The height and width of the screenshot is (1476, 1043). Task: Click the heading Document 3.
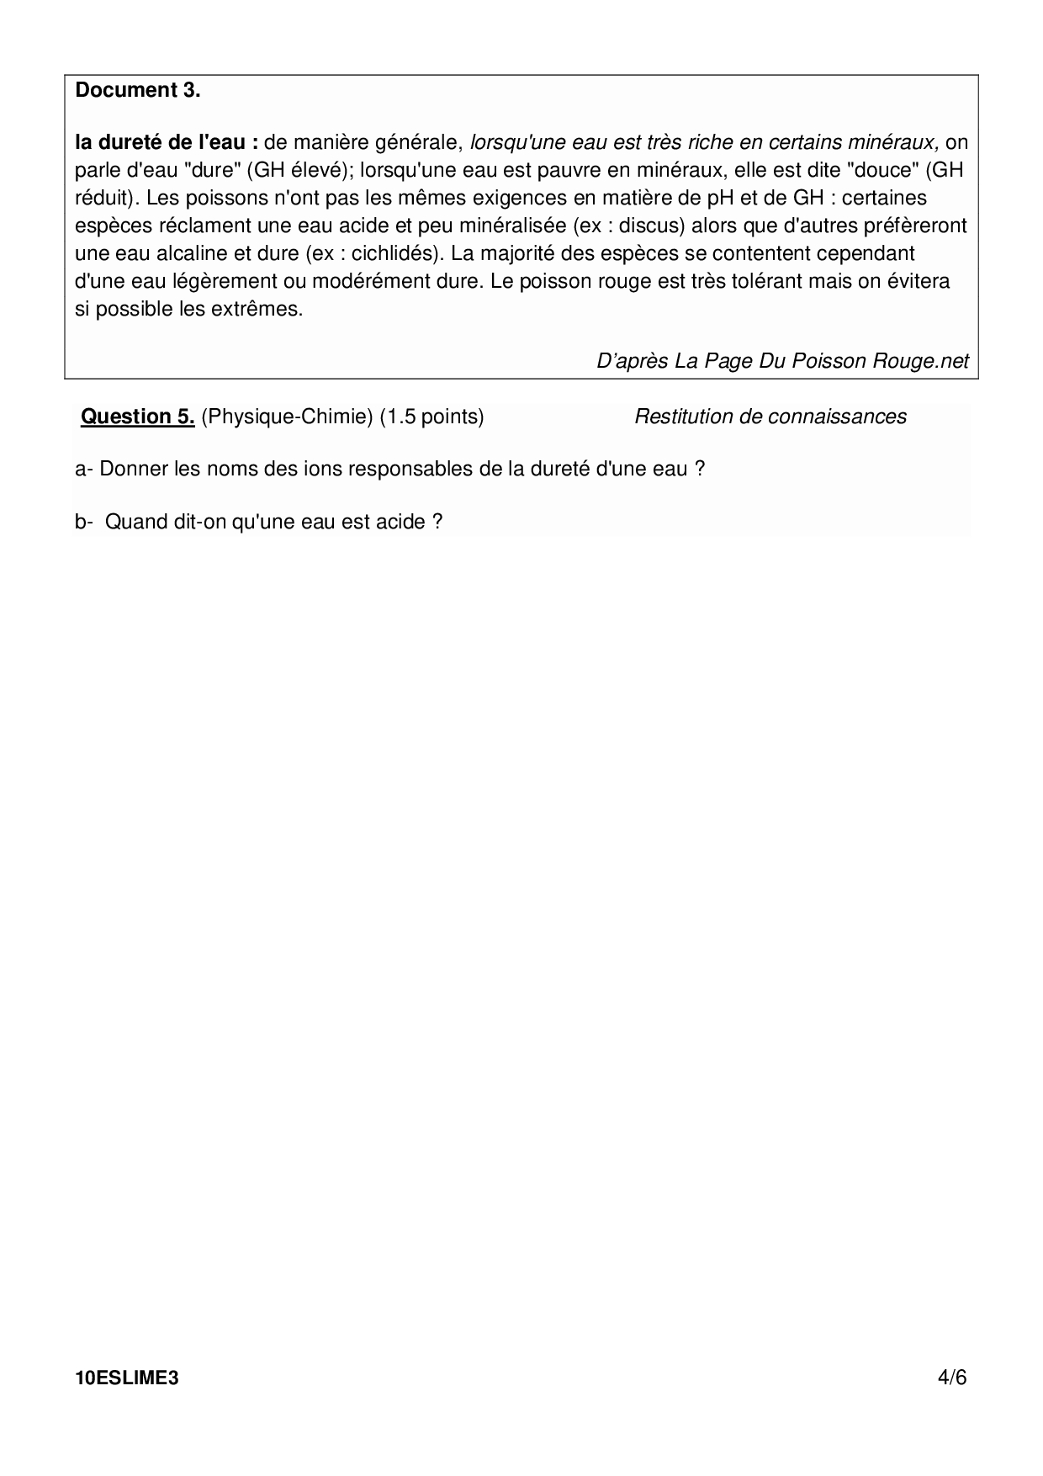(138, 91)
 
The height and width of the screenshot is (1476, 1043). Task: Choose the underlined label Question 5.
(138, 417)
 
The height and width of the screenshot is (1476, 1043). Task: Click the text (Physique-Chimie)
(287, 417)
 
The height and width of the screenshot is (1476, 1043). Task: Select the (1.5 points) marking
(431, 417)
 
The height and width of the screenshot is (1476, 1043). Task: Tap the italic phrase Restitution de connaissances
(770, 417)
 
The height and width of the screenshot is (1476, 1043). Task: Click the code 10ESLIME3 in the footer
(127, 1378)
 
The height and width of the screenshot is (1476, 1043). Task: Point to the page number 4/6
(952, 1378)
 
